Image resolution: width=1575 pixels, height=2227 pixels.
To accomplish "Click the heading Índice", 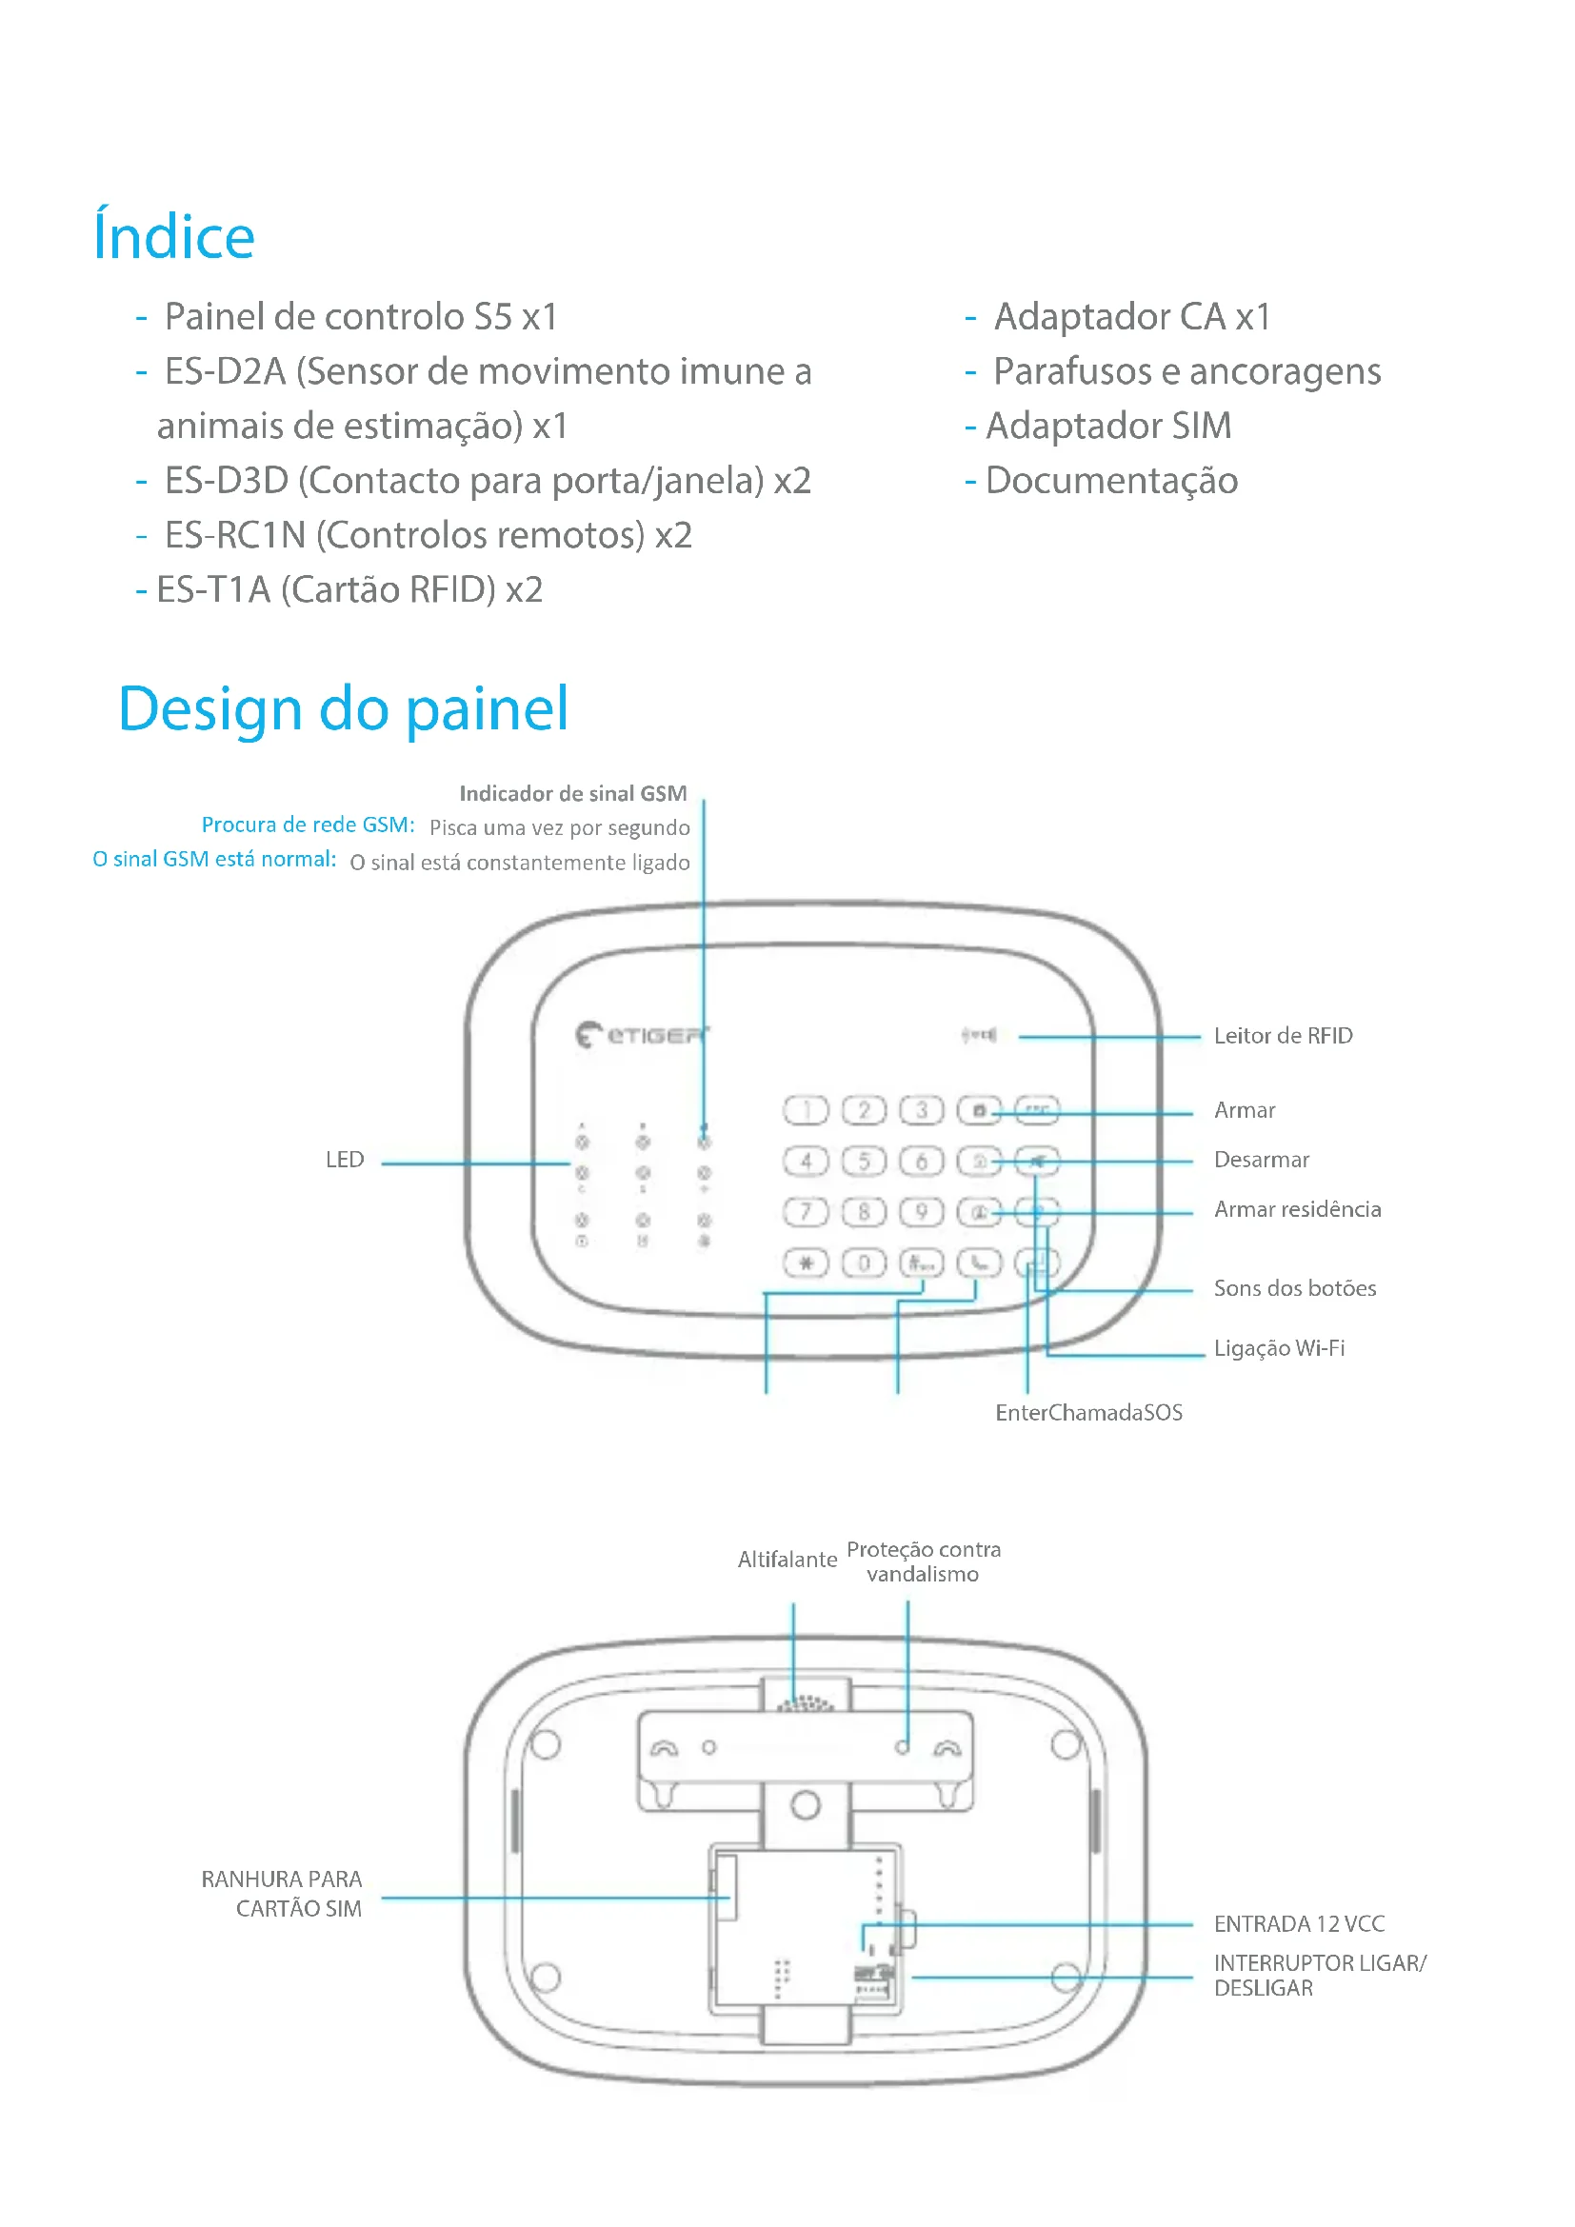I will point(173,237).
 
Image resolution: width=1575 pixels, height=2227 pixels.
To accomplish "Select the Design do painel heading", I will point(344,709).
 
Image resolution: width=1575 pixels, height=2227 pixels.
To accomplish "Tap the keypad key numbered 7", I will point(805,1211).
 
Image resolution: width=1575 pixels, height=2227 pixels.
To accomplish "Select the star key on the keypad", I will point(805,1263).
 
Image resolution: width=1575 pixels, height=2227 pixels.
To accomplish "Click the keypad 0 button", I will point(863,1263).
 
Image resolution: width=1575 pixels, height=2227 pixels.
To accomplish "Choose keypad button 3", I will point(922,1109).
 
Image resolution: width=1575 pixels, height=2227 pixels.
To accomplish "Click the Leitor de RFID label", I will point(1282,1036).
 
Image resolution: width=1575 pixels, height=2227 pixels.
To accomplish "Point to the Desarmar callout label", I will point(1261,1160).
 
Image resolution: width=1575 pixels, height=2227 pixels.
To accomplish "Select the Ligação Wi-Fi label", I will point(1278,1348).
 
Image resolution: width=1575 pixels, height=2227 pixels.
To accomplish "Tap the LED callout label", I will point(345,1160).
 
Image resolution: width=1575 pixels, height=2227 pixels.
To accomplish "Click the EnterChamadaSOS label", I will point(1088,1413).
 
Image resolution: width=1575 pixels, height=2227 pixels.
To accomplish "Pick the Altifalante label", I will point(787,1560).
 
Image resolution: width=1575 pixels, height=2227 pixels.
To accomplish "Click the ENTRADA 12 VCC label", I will point(1299,1924).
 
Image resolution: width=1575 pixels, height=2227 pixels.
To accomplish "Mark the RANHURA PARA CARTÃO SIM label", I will point(281,1895).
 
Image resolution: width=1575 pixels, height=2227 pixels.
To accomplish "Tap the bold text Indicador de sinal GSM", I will point(573,793).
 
